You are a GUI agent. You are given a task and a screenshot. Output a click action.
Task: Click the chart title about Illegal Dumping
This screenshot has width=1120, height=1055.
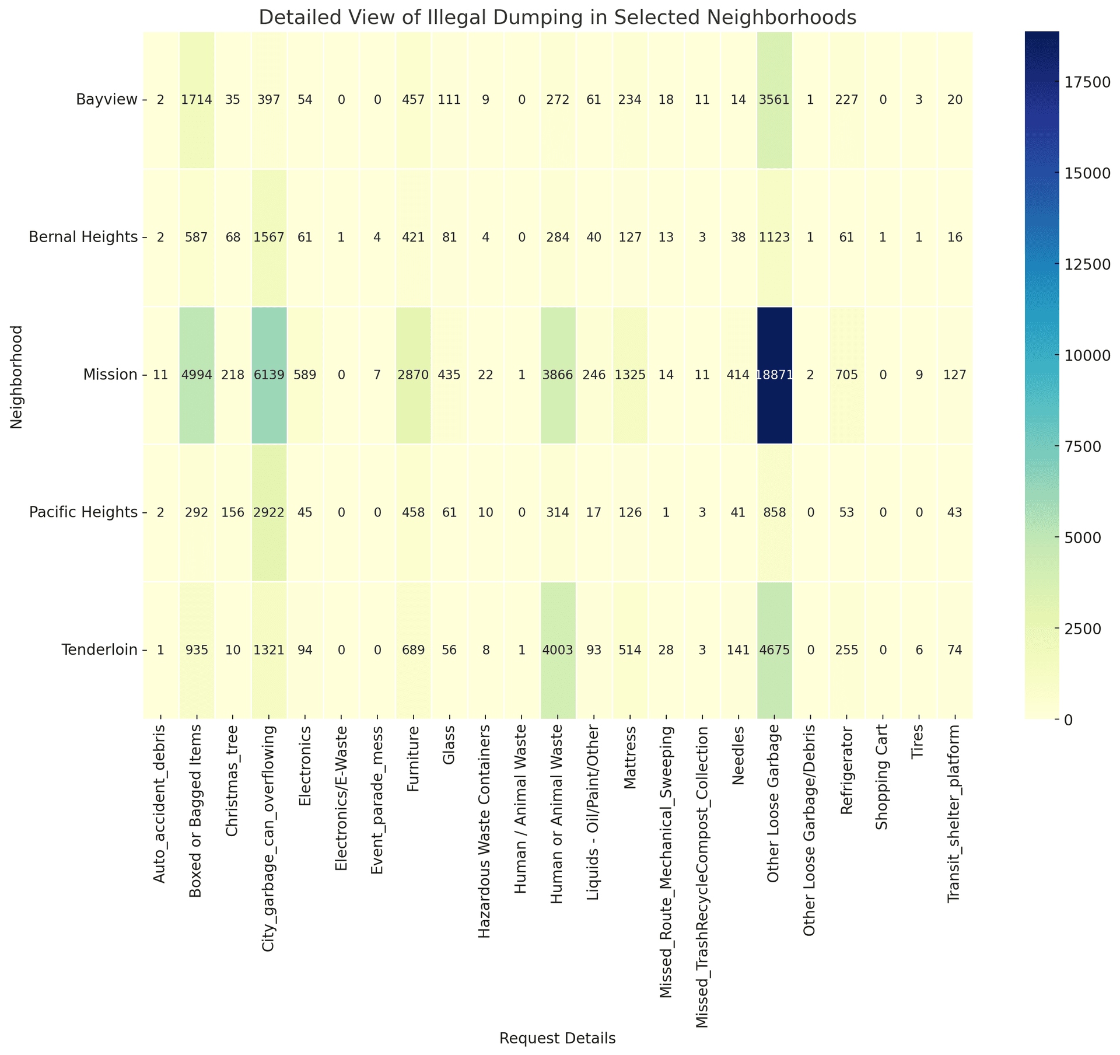point(557,18)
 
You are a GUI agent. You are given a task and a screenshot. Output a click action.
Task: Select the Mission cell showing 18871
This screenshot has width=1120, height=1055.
point(774,375)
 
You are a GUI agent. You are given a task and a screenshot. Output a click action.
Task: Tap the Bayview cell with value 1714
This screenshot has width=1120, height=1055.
point(197,100)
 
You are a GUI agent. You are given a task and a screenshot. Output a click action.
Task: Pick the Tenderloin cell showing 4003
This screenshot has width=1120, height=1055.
point(558,650)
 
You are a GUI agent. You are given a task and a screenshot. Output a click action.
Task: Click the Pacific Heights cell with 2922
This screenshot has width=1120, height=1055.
point(269,513)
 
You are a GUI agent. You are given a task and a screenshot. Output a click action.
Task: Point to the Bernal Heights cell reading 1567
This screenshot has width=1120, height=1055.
point(269,237)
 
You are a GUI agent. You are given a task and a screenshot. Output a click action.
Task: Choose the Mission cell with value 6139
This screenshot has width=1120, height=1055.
point(269,375)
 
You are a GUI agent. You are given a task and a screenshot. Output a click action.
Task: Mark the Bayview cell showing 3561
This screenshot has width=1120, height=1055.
point(774,100)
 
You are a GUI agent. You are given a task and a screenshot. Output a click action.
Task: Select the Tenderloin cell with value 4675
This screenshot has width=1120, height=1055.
point(774,650)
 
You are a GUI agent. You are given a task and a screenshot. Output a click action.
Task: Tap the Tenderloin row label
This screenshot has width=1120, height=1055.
point(100,650)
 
